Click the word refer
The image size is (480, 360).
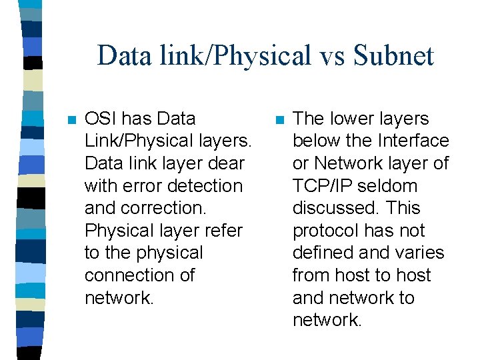point(223,231)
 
